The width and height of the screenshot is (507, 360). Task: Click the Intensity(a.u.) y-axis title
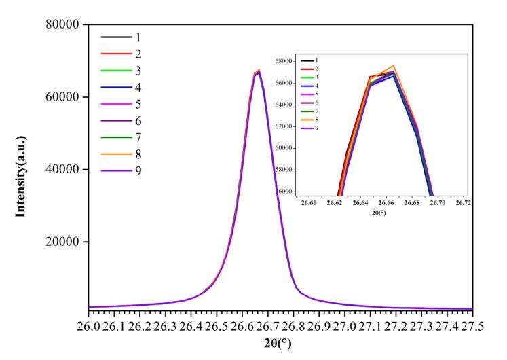(x=22, y=169)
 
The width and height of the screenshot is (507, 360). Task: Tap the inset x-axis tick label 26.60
(x=309, y=202)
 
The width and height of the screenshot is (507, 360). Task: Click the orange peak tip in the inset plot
(x=394, y=65)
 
